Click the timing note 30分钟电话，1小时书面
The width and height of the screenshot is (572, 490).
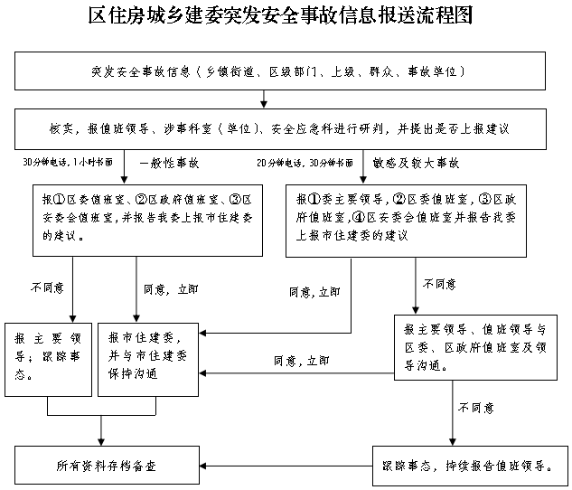click(69, 164)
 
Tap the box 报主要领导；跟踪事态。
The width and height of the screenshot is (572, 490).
click(48, 358)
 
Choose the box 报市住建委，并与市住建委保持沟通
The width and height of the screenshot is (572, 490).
click(151, 358)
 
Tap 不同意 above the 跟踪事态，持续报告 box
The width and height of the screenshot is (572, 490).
click(474, 408)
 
